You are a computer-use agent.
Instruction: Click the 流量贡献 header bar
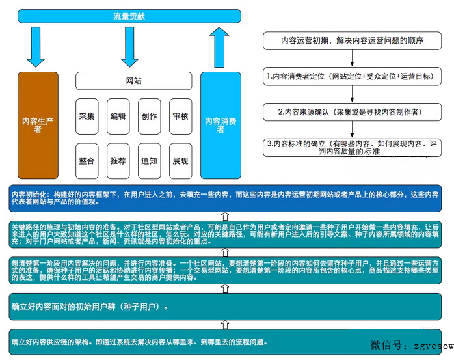[x=130, y=15]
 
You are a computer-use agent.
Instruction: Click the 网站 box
[x=133, y=81]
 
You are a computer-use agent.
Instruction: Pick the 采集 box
[x=87, y=117]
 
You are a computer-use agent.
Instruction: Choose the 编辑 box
[x=118, y=117]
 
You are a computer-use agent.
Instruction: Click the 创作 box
[x=150, y=117]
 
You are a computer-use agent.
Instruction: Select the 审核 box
[x=181, y=117]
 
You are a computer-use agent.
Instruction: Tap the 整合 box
[x=87, y=161]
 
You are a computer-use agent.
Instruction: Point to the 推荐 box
[x=118, y=161]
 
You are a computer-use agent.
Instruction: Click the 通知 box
[x=150, y=161]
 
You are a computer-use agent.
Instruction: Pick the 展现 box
[x=181, y=161]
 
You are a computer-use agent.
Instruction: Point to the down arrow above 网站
[x=129, y=47]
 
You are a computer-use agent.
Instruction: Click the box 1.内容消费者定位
[x=353, y=76]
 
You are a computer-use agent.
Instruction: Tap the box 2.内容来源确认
[x=353, y=112]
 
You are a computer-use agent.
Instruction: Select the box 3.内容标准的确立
[x=353, y=147]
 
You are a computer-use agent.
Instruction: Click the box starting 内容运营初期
[x=353, y=40]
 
